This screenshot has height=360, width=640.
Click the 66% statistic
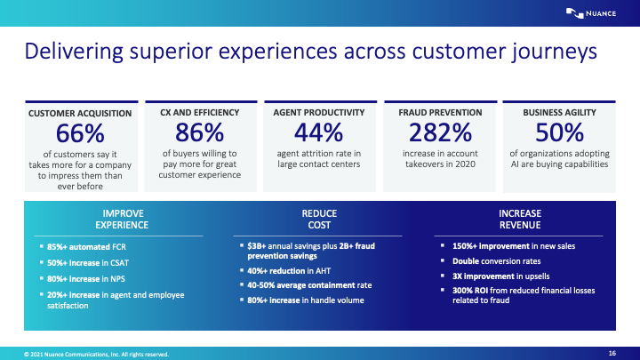click(80, 133)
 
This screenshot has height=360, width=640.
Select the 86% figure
click(200, 133)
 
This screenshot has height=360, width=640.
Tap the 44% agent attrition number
click(319, 133)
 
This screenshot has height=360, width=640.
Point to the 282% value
click(439, 133)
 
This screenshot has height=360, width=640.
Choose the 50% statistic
click(559, 133)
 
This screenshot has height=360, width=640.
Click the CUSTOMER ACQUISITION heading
click(80, 114)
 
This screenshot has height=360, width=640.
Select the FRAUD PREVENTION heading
click(439, 113)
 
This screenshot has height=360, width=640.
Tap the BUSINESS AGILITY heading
click(559, 113)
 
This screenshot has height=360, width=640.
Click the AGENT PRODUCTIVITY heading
click(319, 113)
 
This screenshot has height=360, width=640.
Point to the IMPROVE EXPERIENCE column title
click(124, 220)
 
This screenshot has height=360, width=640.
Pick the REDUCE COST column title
click(319, 220)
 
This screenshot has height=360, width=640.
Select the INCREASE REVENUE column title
click(520, 220)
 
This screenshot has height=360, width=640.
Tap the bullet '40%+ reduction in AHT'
click(288, 270)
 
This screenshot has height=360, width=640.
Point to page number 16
click(612, 353)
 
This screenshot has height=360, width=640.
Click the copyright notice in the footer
click(89, 354)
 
